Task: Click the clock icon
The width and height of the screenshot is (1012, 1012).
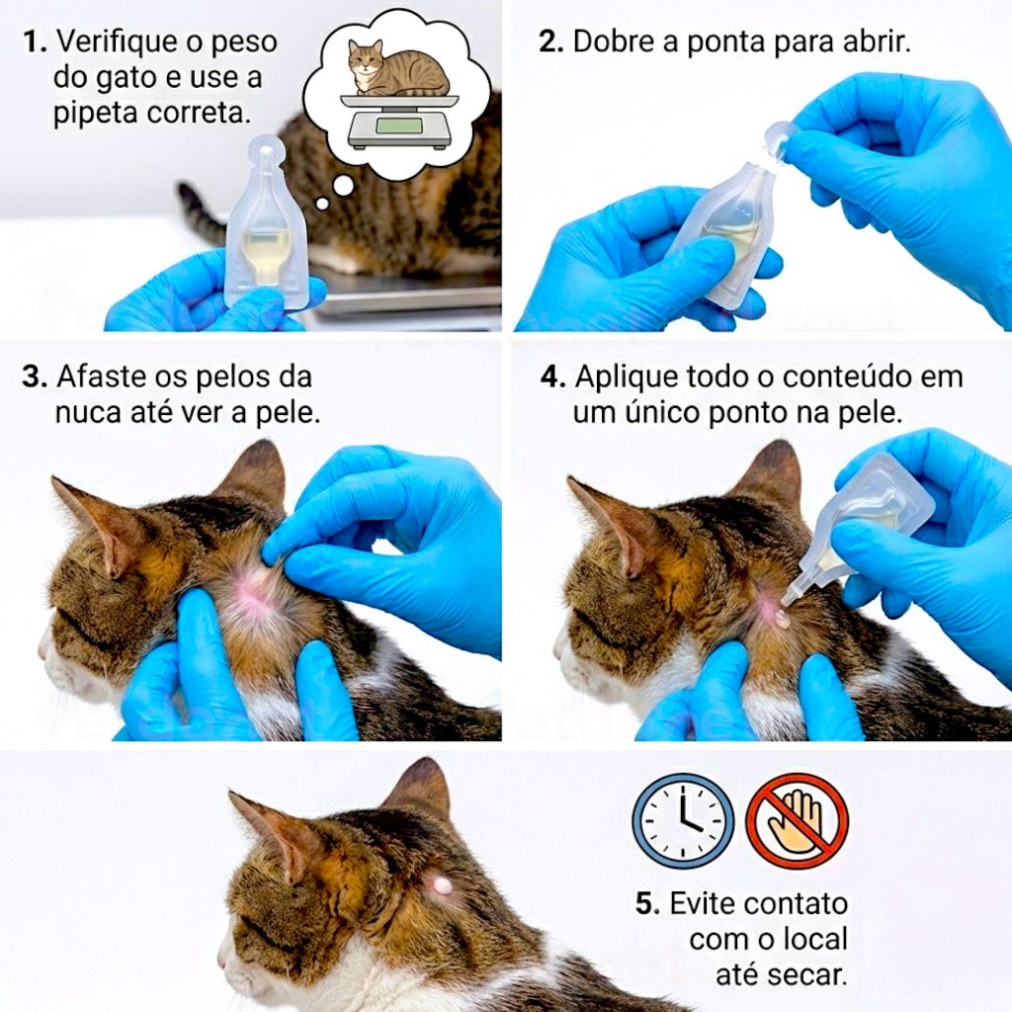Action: tap(684, 821)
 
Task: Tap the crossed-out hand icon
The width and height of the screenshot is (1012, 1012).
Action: tap(798, 821)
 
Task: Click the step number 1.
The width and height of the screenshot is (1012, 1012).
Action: tap(35, 42)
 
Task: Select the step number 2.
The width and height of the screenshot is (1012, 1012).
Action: tap(551, 42)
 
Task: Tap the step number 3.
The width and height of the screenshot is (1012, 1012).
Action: tap(35, 377)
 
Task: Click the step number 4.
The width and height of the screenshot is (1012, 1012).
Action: tap(553, 377)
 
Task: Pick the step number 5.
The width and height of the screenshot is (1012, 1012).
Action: tap(647, 903)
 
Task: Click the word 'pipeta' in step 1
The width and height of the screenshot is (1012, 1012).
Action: tap(96, 114)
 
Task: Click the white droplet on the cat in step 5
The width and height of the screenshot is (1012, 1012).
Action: tap(443, 885)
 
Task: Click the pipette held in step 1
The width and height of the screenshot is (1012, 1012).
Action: tap(265, 222)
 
